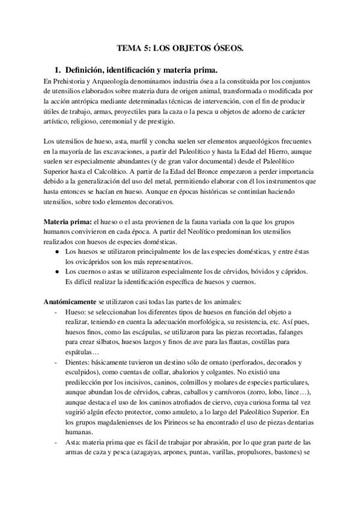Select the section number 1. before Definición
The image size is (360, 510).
[x=58, y=69]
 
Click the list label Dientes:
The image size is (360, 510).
[x=80, y=363]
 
